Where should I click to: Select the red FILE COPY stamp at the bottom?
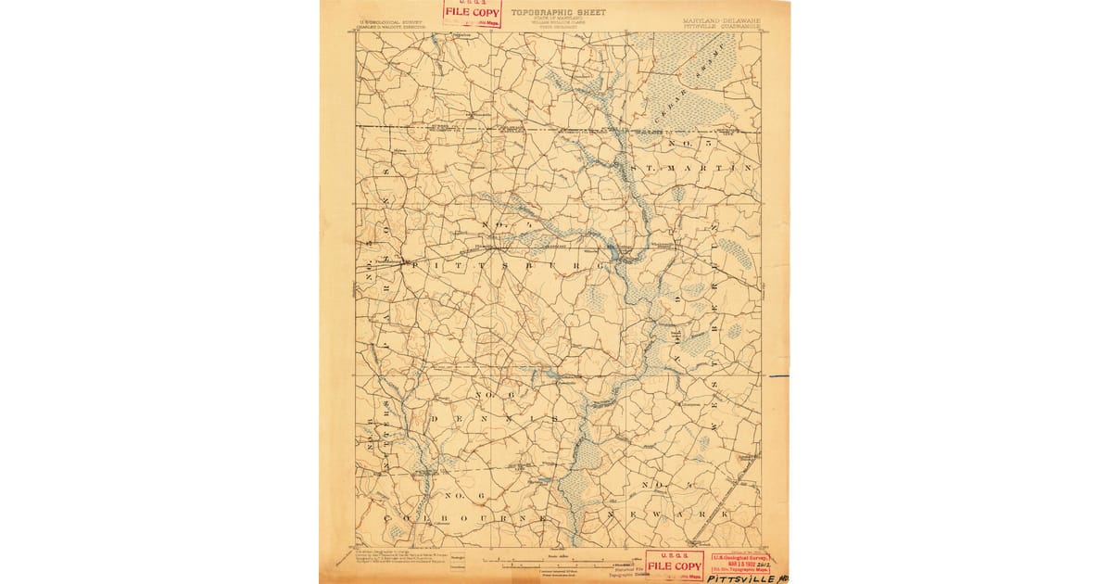click(674, 565)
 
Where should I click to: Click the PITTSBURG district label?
click(507, 265)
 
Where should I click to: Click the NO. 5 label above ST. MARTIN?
click(686, 144)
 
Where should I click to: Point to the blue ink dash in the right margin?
click(777, 376)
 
